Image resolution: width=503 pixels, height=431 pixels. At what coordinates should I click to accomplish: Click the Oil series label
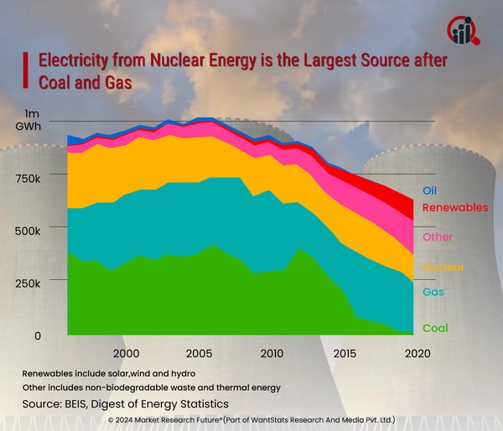tap(429, 190)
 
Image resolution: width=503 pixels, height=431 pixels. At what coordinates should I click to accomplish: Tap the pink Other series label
tap(438, 237)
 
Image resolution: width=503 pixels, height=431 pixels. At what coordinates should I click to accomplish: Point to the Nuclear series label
tap(443, 267)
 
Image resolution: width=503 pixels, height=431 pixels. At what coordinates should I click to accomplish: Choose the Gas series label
tap(433, 292)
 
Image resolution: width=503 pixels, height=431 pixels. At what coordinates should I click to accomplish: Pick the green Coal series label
tap(435, 329)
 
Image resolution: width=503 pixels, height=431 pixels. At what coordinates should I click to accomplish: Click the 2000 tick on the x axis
tap(127, 354)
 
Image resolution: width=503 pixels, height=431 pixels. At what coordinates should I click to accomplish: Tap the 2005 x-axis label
tap(200, 354)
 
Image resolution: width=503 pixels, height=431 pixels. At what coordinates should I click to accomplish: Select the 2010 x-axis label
tap(272, 354)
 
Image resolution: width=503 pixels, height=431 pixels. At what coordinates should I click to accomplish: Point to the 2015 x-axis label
tap(344, 354)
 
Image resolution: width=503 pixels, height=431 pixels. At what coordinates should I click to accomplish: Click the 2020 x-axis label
tap(417, 354)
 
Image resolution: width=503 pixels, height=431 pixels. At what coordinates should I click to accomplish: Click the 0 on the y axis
tap(37, 335)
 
